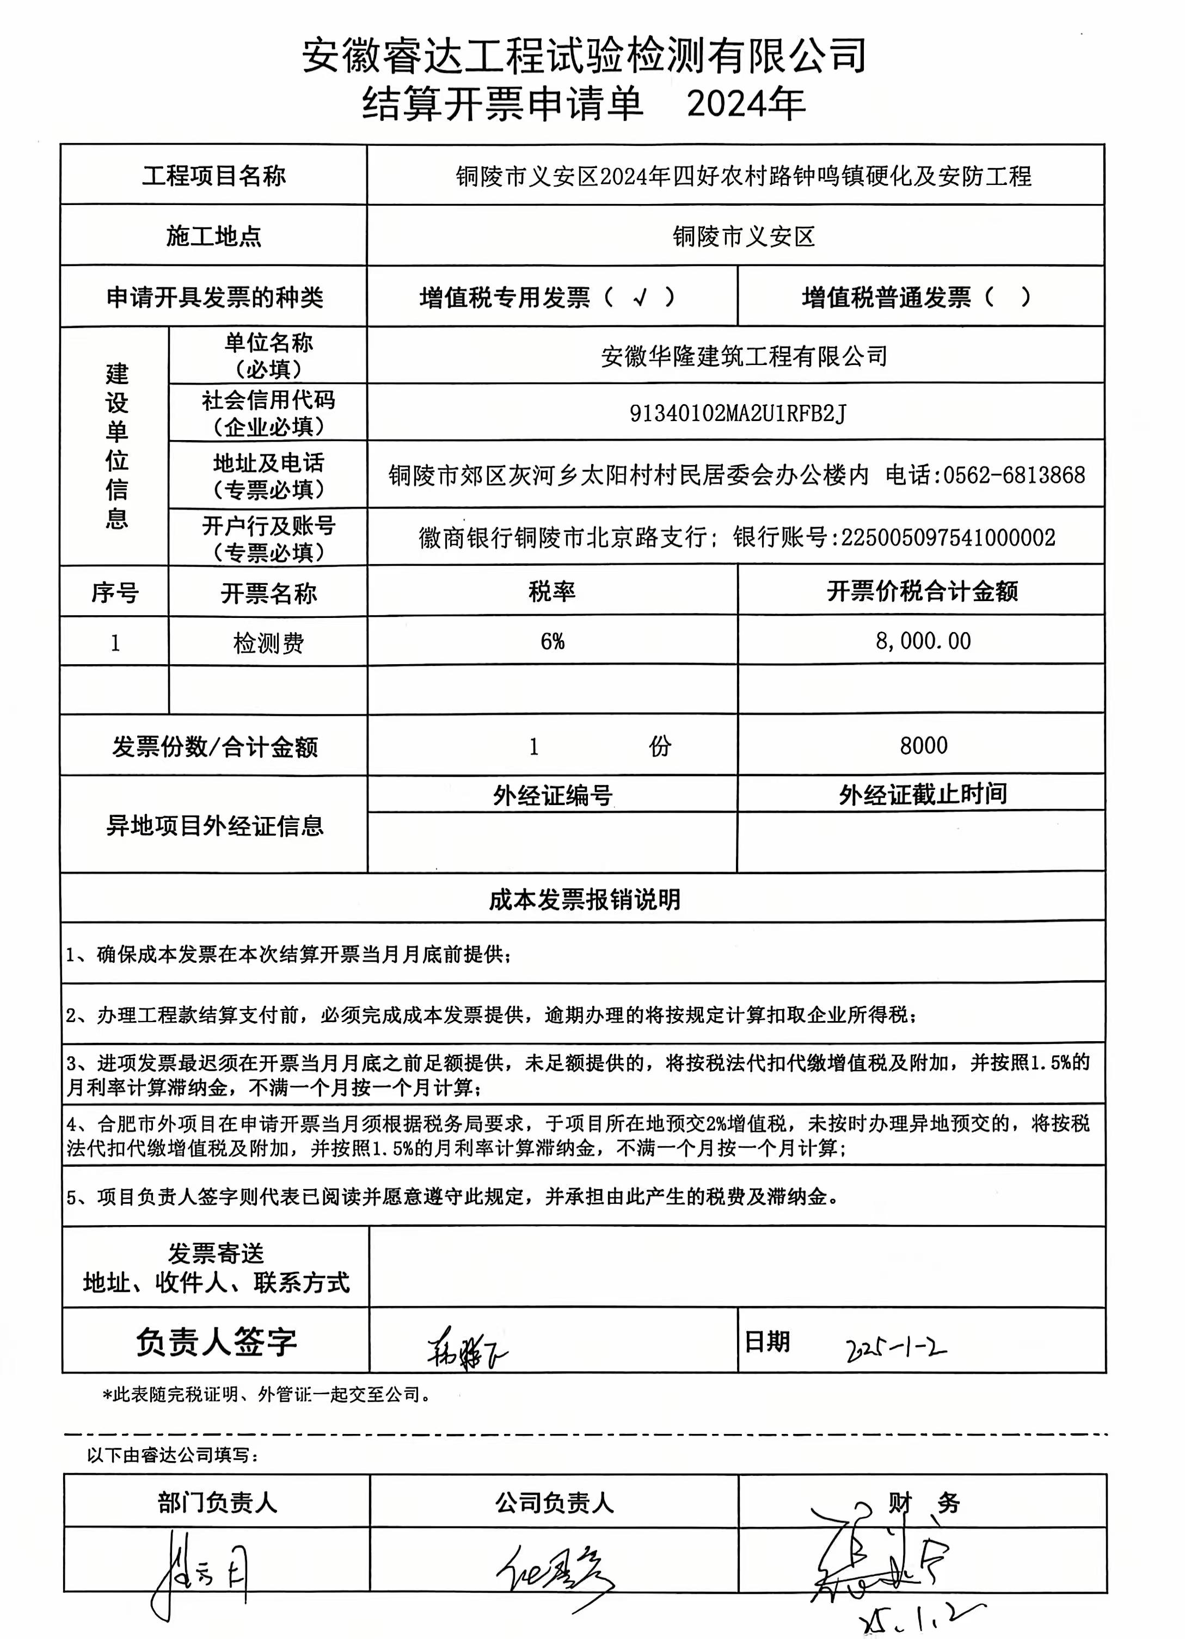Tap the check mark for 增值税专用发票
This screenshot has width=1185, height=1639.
pos(638,297)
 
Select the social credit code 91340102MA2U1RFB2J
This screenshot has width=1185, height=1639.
pos(738,413)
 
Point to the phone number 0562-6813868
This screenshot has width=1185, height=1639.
pos(1014,475)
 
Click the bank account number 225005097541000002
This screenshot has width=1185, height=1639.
pos(948,537)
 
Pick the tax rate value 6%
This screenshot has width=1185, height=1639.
pos(552,641)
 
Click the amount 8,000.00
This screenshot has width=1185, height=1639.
pos(923,641)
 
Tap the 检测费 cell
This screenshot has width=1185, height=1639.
pos(268,642)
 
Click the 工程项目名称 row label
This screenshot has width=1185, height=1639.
pos(214,176)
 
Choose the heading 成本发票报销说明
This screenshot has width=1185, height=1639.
pos(584,899)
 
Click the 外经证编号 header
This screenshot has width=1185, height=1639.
pos(552,795)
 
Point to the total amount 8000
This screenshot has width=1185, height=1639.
pos(923,745)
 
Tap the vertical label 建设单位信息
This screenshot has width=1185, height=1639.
pos(116,446)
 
